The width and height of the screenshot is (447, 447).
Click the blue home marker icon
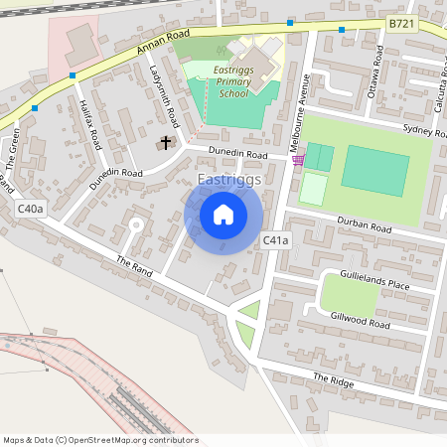point(223,215)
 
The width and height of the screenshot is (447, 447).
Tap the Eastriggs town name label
point(229,180)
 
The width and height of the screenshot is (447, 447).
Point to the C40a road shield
point(30,209)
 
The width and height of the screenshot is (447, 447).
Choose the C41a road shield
point(275,240)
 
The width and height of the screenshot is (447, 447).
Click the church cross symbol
point(165,143)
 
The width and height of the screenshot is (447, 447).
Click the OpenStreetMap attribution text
point(99,439)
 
